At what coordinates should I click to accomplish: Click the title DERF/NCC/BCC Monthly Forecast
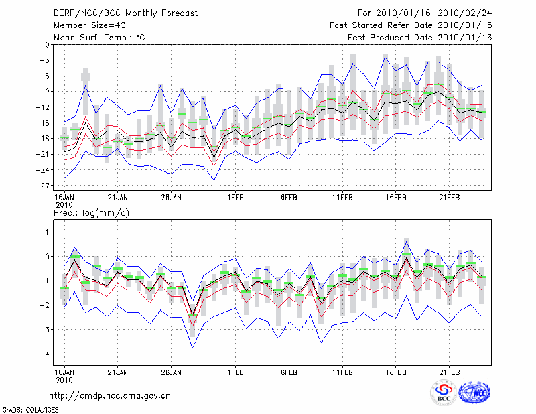(x=117, y=13)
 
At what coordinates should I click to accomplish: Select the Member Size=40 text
(x=88, y=25)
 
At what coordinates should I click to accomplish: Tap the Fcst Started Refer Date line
(x=411, y=25)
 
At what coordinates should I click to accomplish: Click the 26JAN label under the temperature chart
(x=172, y=198)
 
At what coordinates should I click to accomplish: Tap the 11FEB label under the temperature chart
(x=342, y=198)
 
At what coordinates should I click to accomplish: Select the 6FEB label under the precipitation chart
(x=289, y=372)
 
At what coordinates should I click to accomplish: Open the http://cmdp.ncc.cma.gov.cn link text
(x=110, y=395)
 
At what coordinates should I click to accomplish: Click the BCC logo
(x=444, y=393)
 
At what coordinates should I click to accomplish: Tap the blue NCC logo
(x=474, y=393)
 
